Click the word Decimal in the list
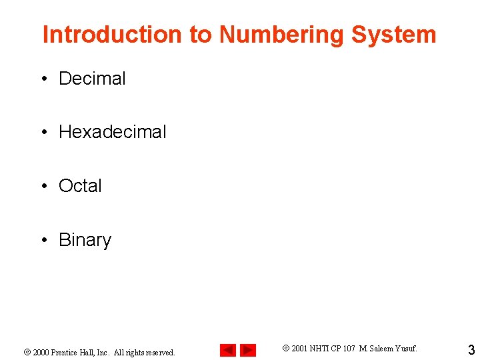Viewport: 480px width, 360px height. point(92,79)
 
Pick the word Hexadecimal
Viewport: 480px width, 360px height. point(113,132)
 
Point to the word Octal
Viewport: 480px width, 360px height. point(80,186)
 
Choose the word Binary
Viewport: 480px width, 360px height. point(85,240)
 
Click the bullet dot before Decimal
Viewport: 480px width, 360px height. point(43,79)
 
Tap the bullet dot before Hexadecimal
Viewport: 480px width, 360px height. point(43,133)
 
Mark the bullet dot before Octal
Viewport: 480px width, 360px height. point(43,187)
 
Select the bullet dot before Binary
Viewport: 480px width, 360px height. point(43,241)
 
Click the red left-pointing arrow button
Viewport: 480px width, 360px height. point(228,350)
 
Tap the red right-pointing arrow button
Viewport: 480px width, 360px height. point(248,350)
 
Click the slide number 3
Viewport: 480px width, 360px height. point(471,350)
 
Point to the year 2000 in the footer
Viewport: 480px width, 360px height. point(41,352)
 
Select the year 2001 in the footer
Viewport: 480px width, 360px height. point(299,347)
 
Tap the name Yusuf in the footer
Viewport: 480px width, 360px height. point(406,347)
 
